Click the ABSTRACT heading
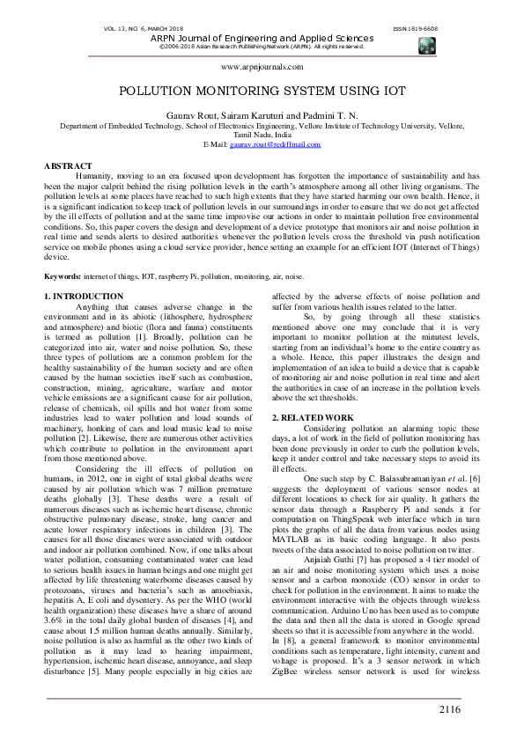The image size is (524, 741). click(68, 165)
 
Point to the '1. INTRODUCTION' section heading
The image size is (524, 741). click(84, 297)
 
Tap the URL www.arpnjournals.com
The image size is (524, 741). click(262, 66)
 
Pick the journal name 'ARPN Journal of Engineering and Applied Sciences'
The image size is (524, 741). click(262, 38)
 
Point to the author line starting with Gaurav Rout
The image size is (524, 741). click(262, 116)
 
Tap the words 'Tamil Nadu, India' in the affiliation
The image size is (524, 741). click(262, 135)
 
